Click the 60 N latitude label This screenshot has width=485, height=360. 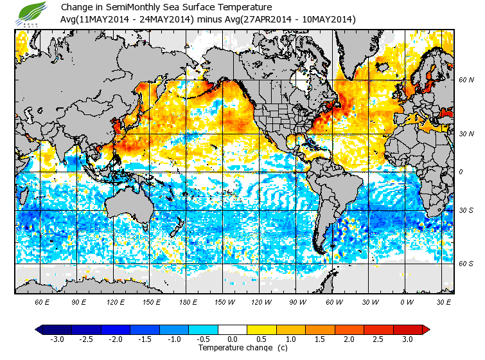(466, 80)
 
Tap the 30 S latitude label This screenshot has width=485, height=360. (466, 210)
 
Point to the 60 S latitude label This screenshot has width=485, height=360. (466, 264)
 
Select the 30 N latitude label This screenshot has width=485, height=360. (466, 133)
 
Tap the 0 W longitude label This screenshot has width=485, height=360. (407, 301)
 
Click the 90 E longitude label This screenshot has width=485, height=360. (78, 301)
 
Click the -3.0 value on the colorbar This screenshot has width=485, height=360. (57, 339)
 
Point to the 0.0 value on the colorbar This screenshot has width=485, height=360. (233, 339)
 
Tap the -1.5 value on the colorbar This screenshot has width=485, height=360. (145, 339)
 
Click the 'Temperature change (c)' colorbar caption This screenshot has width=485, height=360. (233, 348)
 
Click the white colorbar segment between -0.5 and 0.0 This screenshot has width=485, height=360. (233, 330)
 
